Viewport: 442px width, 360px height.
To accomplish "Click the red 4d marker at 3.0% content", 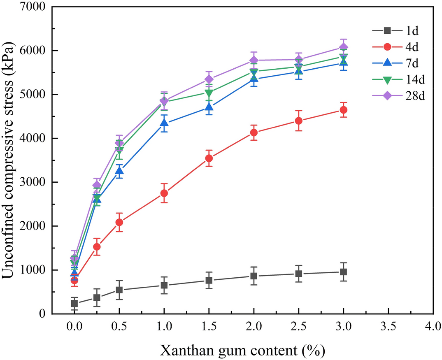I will click(x=343, y=110).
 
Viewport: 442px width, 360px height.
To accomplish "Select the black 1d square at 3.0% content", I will click(x=343, y=272).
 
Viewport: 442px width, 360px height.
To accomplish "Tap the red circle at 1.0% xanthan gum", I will click(x=164, y=193).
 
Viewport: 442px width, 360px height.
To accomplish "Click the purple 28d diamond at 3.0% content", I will click(x=343, y=47).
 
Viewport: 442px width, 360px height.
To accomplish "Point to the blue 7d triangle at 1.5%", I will click(x=209, y=107).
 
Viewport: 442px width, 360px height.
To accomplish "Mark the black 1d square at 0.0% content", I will click(x=74, y=304).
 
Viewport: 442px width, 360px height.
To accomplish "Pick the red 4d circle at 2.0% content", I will click(x=254, y=132).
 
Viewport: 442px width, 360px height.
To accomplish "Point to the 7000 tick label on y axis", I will click(x=33, y=7).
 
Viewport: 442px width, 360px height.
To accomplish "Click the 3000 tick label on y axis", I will click(x=33, y=182).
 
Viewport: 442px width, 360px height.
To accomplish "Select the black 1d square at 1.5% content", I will click(x=209, y=281).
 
